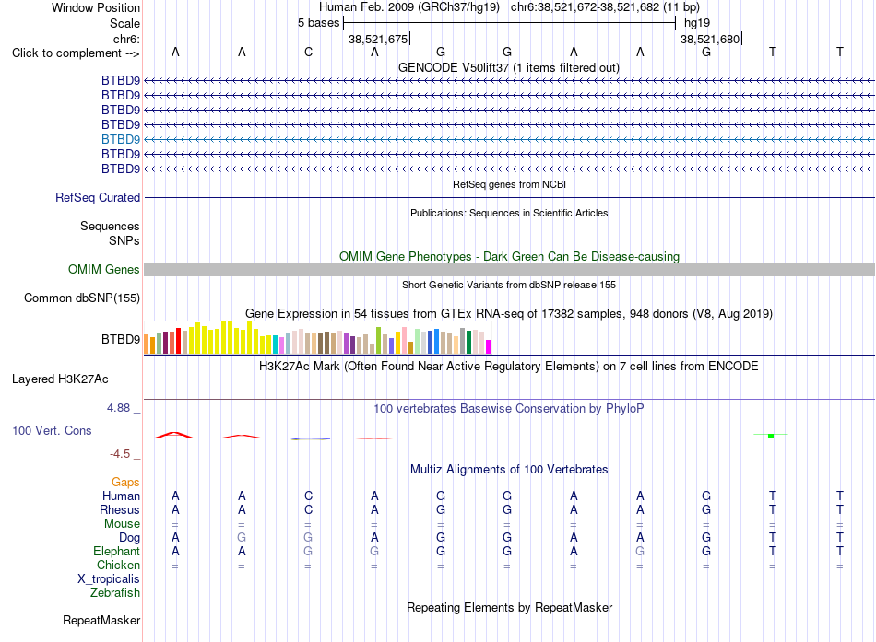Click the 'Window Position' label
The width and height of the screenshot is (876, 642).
tap(96, 7)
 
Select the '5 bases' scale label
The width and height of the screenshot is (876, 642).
tap(318, 23)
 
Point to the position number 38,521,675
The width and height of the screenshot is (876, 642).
tap(378, 39)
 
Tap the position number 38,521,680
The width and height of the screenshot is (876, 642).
tap(709, 39)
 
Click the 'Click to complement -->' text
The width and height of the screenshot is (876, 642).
tap(76, 53)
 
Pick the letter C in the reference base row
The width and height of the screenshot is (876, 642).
tap(308, 52)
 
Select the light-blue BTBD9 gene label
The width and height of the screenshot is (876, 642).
tap(121, 140)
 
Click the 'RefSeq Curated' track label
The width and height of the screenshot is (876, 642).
tap(98, 198)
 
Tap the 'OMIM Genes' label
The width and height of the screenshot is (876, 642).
tap(104, 270)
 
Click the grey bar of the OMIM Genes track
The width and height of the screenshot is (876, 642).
tap(509, 270)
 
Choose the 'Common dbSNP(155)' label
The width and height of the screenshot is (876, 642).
tap(82, 298)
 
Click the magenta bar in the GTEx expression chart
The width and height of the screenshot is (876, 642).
tap(489, 346)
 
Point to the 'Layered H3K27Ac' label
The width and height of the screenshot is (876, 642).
tap(60, 379)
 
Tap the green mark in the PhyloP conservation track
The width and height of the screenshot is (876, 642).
tap(771, 435)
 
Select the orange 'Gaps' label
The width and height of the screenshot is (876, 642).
tap(125, 483)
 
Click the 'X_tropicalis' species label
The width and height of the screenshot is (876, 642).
tap(109, 579)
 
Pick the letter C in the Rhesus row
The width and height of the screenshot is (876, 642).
tap(308, 509)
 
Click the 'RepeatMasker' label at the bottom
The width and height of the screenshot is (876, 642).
tap(101, 621)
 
